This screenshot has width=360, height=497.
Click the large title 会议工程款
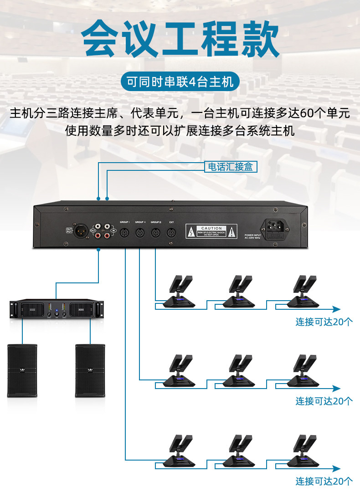[180, 38]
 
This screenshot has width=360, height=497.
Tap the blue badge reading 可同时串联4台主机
[180, 82]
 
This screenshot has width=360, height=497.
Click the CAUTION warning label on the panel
[211, 231]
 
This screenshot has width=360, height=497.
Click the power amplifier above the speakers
[57, 309]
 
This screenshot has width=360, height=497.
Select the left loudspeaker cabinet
[22, 370]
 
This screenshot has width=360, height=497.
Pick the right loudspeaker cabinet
[90, 370]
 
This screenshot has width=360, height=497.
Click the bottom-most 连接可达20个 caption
[324, 481]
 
